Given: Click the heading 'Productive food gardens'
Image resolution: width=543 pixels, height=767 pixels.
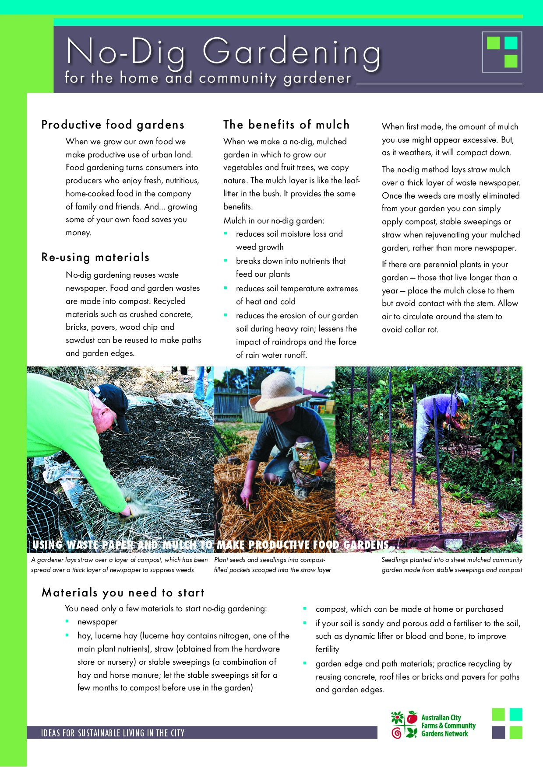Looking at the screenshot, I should point(113,125).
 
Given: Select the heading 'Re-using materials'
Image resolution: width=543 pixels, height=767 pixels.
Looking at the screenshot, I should point(95,257).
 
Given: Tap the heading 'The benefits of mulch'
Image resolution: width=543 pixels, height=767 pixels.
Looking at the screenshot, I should point(286,125).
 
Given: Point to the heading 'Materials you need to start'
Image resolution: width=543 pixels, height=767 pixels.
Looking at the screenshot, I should point(123,593).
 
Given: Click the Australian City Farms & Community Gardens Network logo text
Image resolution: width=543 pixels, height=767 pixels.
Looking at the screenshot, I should point(448,725).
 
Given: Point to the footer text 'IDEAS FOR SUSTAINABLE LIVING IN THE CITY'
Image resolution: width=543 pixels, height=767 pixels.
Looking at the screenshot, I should point(113,733).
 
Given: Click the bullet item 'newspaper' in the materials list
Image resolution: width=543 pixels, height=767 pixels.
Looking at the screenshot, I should point(97,622).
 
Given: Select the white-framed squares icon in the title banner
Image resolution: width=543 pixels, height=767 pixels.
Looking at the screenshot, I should point(502,52).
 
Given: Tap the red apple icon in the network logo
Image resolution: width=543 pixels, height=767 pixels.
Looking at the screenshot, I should point(412,718).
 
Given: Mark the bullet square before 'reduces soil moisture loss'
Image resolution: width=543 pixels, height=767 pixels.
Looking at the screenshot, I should point(226,234).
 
